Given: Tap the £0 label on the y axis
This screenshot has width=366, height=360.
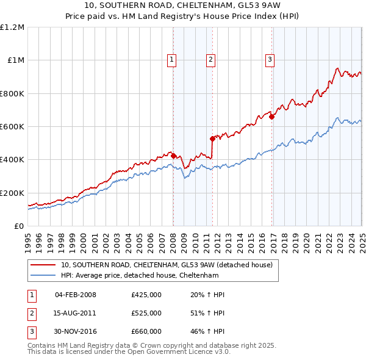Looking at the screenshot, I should coord(18,226).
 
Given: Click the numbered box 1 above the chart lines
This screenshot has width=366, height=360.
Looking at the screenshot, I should coord(172,60).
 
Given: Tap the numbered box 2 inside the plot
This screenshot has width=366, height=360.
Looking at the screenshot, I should coord(210,60).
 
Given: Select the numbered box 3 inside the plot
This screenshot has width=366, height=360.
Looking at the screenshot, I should coord(270,60).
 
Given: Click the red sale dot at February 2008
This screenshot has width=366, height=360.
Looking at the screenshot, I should coord(173,156).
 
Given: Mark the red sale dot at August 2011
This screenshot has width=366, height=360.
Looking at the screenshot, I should coord(212,139).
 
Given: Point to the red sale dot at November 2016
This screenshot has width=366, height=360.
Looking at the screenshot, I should coord(271,117).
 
